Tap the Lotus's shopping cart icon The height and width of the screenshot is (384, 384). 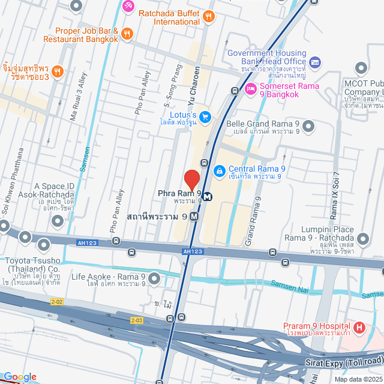205,116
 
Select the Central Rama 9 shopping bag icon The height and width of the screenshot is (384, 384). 219,171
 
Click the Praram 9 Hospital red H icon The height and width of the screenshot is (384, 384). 359,328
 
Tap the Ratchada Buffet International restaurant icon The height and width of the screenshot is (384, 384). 208,16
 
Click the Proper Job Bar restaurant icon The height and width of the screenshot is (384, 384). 126,34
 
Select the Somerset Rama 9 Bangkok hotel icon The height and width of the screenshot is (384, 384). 251,89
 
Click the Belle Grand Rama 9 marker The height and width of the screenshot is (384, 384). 308,125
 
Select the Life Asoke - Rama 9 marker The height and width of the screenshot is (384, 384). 155,278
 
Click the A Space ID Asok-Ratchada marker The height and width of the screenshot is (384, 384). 58,221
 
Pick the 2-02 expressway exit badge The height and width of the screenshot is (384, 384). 56,301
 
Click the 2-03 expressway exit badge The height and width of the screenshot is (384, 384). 137,320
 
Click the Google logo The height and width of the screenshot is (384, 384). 19,377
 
